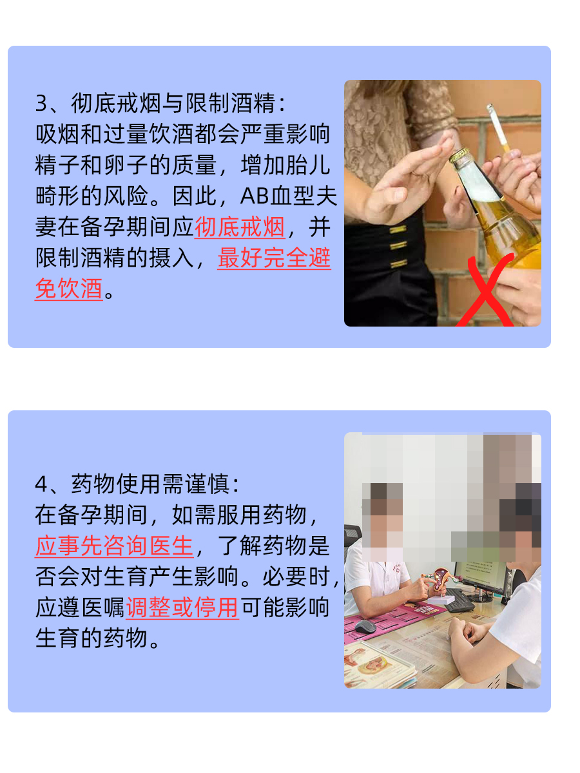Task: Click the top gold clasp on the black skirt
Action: pyautogui.click(x=398, y=229)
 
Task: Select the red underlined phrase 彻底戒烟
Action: pyautogui.click(x=239, y=227)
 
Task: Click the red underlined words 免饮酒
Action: pyautogui.click(x=69, y=289)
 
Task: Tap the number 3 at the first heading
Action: pyautogui.click(x=42, y=104)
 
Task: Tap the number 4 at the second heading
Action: pyautogui.click(x=42, y=484)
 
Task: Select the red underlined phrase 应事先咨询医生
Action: pyautogui.click(x=114, y=546)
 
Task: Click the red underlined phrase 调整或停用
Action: pyautogui.click(x=182, y=608)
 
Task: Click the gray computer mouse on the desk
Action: pyautogui.click(x=365, y=626)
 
